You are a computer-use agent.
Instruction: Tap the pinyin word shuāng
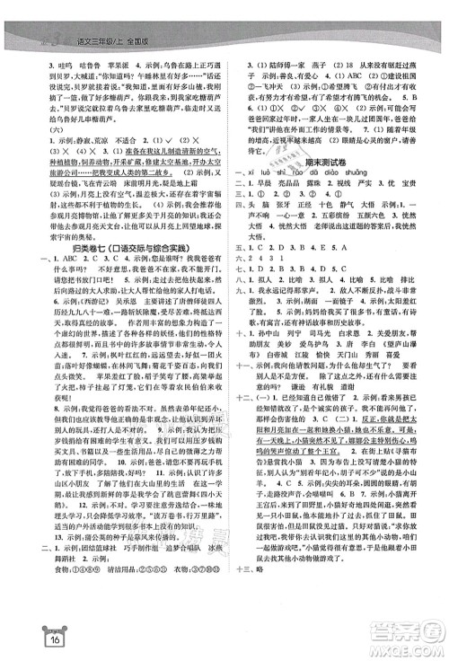coord(401,172)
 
